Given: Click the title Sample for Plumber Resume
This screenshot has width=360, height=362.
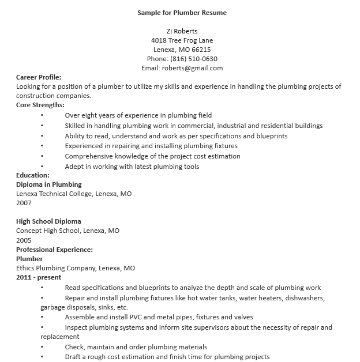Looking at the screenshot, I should pyautogui.click(x=182, y=13).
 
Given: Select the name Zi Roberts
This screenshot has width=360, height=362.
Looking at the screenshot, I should pyautogui.click(x=182, y=31).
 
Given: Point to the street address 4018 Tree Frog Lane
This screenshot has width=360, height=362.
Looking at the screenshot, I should pyautogui.click(x=182, y=40).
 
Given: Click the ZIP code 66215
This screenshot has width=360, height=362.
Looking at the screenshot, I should pyautogui.click(x=200, y=50).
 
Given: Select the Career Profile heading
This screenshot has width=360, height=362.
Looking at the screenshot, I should pyautogui.click(x=39, y=77).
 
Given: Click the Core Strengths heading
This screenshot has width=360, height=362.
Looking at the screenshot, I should pyautogui.click(x=40, y=105).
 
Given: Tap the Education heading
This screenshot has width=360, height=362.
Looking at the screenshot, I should pyautogui.click(x=33, y=175).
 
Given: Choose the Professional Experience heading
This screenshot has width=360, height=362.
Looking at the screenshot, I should pyautogui.click(x=54, y=250).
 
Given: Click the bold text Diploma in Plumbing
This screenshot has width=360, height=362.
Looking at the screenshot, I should pyautogui.click(x=49, y=184).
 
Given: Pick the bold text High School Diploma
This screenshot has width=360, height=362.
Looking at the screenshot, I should pyautogui.click(x=48, y=221).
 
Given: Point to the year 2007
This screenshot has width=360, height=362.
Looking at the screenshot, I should pyautogui.click(x=24, y=203).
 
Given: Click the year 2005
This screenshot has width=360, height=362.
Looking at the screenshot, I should pyautogui.click(x=24, y=240).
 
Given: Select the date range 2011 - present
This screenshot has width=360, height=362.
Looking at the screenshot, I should pyautogui.click(x=39, y=277).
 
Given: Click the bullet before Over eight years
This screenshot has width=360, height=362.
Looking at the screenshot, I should pyautogui.click(x=42, y=115).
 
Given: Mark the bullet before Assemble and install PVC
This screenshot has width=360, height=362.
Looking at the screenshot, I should pyautogui.click(x=42, y=318).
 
